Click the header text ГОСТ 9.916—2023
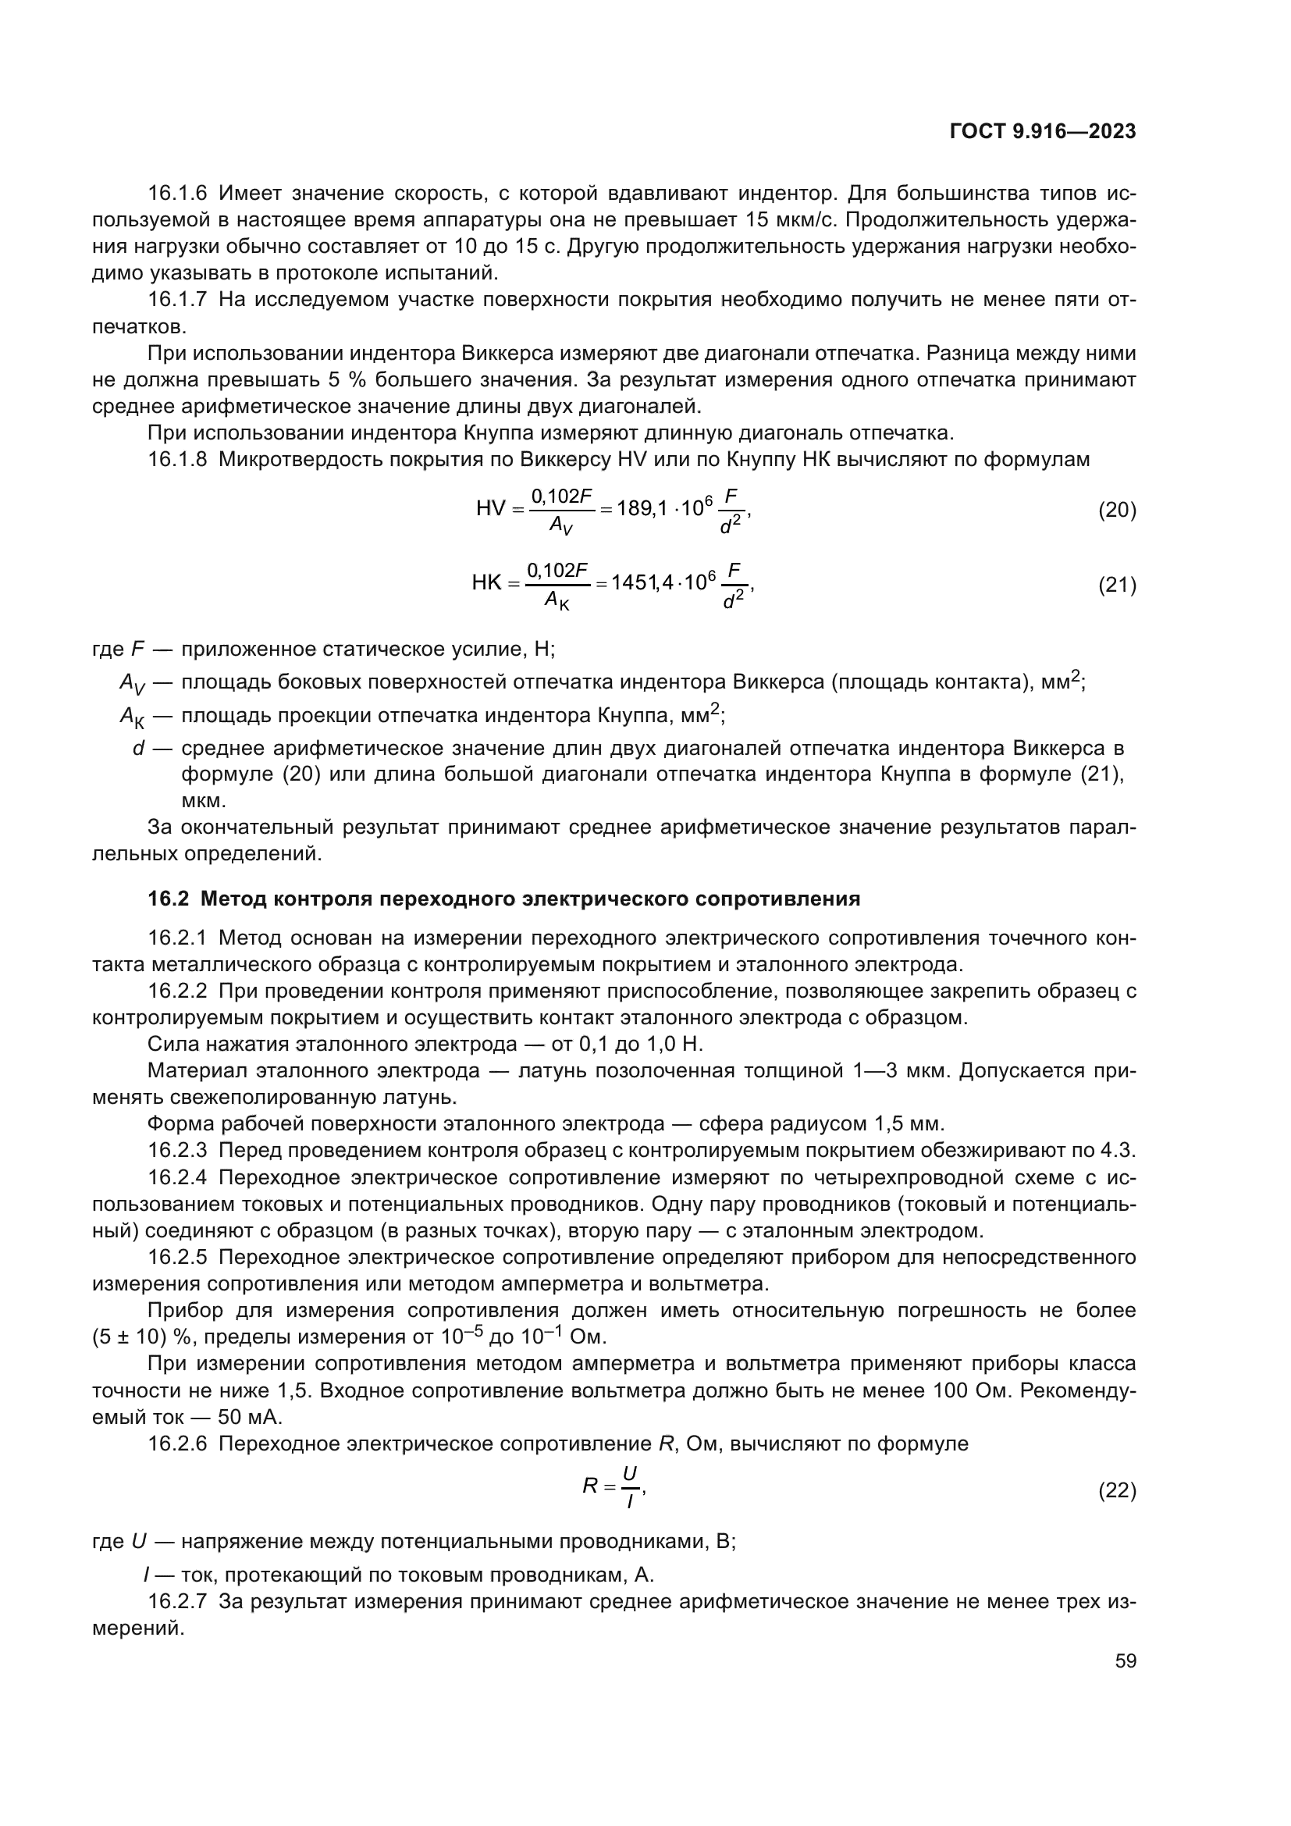coord(1042,132)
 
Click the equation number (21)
coord(1117,586)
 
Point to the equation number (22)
coord(1117,1491)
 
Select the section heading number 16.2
coord(168,899)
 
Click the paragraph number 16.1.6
coord(177,194)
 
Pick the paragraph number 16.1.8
coord(177,460)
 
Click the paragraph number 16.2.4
coord(177,1178)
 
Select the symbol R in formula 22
coord(590,1486)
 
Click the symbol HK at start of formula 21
coord(486,583)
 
